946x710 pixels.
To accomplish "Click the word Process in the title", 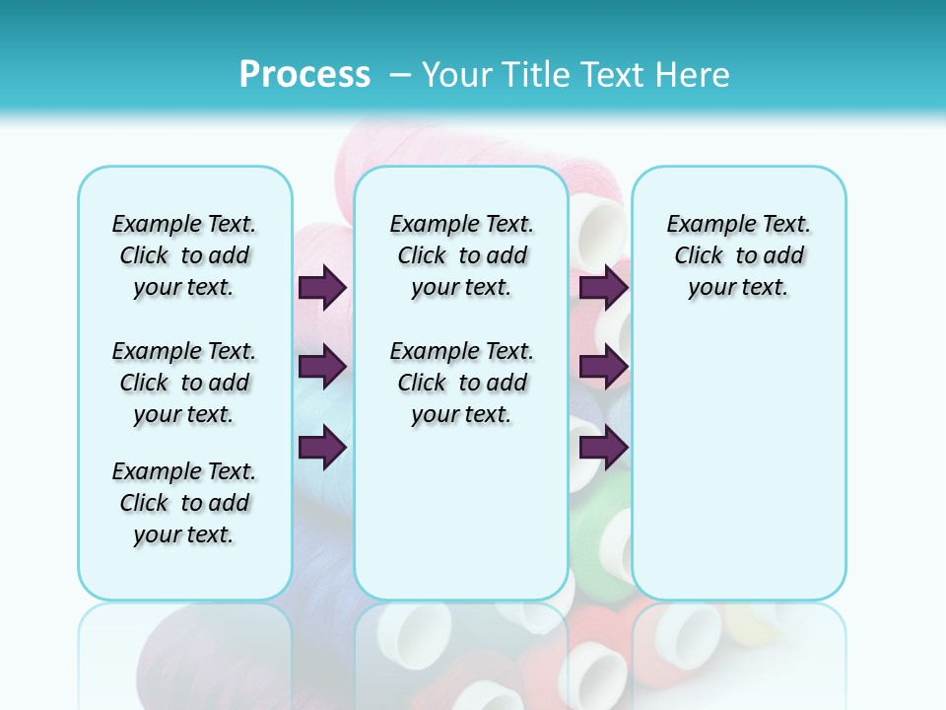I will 304,75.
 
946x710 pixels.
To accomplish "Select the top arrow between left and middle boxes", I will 322,287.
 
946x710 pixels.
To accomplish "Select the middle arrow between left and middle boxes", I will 322,367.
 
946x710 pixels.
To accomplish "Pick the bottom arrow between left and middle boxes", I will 322,447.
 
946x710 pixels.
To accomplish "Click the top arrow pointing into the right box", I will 603,287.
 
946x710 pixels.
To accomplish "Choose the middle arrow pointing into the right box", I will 603,367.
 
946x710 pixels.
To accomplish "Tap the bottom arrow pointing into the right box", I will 603,447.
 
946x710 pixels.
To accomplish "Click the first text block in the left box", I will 184,255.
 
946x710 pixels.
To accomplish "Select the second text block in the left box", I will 184,383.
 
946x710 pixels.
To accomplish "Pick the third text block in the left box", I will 184,503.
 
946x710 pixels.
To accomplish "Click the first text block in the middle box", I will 461,255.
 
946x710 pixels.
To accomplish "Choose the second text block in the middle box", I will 461,383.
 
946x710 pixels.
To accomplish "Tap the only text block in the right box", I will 738,255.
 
